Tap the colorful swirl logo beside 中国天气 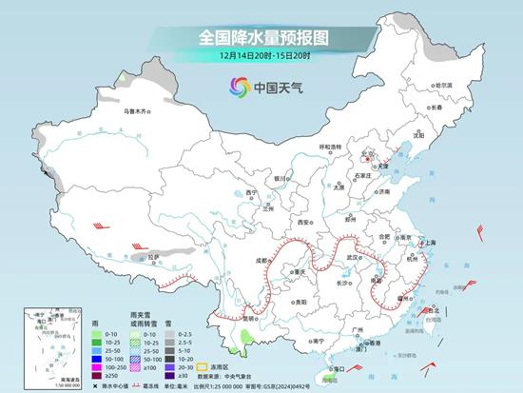pyautogui.click(x=237, y=87)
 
